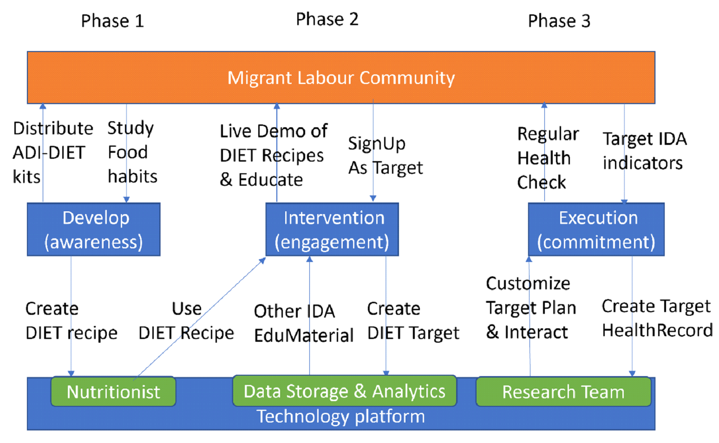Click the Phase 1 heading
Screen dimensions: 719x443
click(112, 21)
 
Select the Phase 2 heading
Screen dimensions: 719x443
click(327, 19)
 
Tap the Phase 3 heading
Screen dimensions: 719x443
click(559, 21)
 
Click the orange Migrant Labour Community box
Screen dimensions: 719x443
click(341, 78)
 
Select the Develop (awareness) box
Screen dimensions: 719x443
click(94, 229)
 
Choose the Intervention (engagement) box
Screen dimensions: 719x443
click(332, 229)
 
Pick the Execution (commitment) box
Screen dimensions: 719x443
click(596, 229)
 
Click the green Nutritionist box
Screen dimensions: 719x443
click(113, 391)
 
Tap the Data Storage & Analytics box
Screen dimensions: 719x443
click(345, 391)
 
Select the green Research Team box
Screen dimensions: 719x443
click(564, 391)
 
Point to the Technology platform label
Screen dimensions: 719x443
click(341, 417)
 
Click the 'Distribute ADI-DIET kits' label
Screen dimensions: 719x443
click(53, 153)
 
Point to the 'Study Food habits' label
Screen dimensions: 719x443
click(132, 152)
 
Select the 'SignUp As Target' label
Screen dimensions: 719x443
click(386, 156)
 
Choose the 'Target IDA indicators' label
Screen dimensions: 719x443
click(645, 151)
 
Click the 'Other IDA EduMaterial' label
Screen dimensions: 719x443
click(304, 324)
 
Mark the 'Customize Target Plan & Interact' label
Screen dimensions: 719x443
click(531, 308)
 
